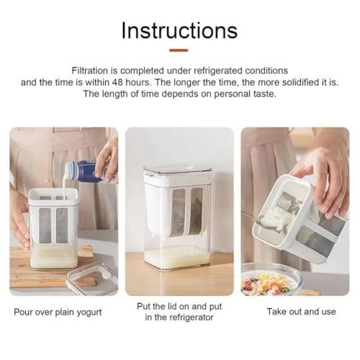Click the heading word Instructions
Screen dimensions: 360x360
[179, 30]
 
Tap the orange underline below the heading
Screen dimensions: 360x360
[179, 50]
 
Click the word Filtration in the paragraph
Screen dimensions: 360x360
[95, 71]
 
